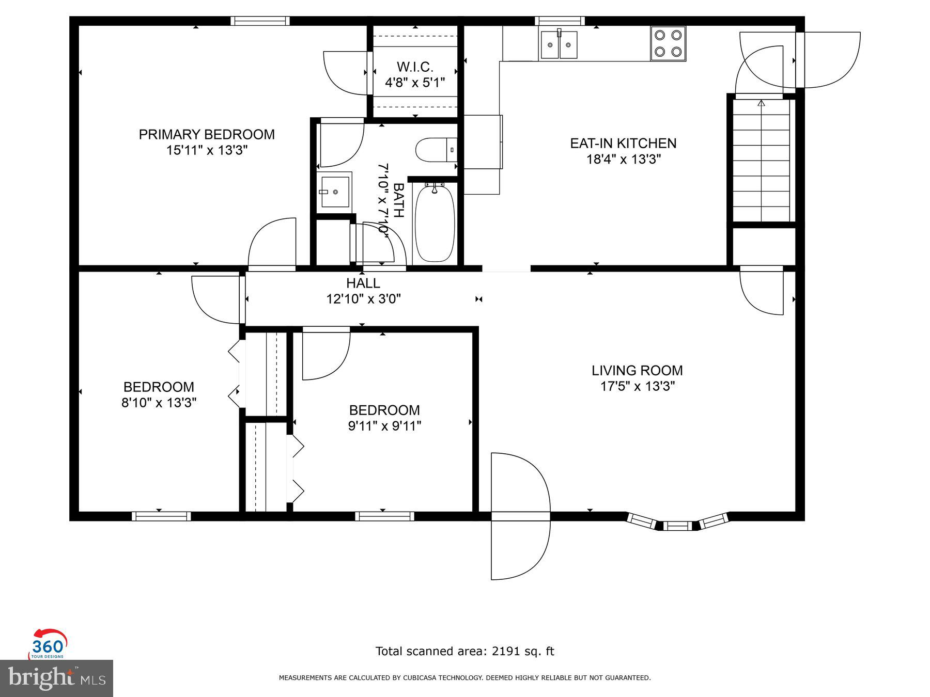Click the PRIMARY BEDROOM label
click(x=207, y=134)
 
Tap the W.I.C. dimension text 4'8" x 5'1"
click(x=415, y=83)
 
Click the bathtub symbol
click(x=435, y=223)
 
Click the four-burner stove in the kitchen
click(x=668, y=44)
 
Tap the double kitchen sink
click(x=559, y=45)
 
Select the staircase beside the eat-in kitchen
click(x=762, y=160)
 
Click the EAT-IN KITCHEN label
click(x=623, y=143)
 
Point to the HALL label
click(x=363, y=283)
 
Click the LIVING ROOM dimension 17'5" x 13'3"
click(x=638, y=386)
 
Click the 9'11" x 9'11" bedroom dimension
click(x=384, y=426)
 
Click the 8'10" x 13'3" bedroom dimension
click(x=159, y=402)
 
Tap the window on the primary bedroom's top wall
click(x=260, y=21)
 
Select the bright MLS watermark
click(x=56, y=678)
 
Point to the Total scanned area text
click(x=464, y=652)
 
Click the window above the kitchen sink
click(x=560, y=21)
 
